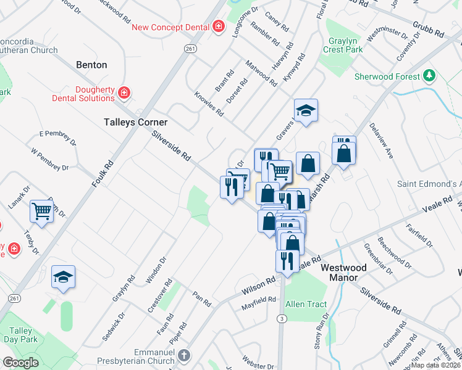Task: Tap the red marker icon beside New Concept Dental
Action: tap(218, 27)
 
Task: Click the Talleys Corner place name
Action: tap(135, 122)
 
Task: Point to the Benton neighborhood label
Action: tap(91, 65)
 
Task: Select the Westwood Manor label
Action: tap(343, 273)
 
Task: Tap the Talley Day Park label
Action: tap(20, 335)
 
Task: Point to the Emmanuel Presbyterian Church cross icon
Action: tap(184, 356)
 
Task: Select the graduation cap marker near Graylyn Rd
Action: tap(63, 277)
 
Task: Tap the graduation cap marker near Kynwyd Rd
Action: tap(306, 111)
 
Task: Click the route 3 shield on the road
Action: tap(282, 318)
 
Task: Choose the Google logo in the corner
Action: tap(21, 363)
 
